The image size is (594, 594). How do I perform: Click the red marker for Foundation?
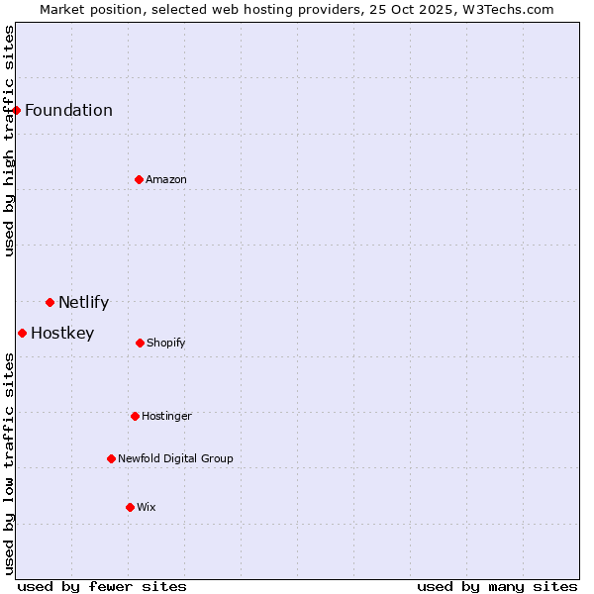click(17, 110)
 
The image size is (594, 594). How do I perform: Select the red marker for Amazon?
click(139, 179)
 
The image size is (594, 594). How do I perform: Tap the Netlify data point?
click(49, 302)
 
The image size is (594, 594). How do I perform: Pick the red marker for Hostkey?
click(22, 333)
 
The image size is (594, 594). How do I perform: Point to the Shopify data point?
click(140, 343)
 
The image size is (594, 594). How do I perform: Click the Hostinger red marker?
click(135, 416)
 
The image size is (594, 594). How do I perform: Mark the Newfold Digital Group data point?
click(111, 458)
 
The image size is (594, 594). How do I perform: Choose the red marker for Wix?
click(130, 507)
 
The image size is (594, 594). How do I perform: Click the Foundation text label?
click(68, 110)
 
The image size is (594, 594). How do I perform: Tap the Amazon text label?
click(166, 179)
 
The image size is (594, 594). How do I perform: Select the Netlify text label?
click(83, 302)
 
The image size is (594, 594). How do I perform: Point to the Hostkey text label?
click(62, 333)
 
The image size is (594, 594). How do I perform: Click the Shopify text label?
click(166, 343)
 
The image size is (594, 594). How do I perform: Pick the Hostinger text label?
click(166, 416)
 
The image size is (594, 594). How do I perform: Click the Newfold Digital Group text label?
click(175, 458)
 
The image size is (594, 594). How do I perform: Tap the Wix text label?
click(147, 507)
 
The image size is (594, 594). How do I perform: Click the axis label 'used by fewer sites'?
click(102, 586)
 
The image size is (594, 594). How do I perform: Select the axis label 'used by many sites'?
click(497, 586)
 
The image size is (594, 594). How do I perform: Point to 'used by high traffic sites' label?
click(9, 141)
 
